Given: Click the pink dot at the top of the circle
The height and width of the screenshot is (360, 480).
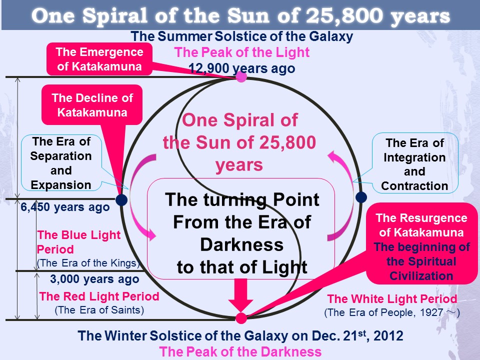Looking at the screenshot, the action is tap(241, 76).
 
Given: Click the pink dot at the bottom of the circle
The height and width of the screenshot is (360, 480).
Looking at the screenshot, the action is tap(241, 318).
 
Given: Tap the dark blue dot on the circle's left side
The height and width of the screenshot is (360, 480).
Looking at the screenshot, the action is tap(121, 200).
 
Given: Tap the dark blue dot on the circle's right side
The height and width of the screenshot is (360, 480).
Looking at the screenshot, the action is tap(361, 197).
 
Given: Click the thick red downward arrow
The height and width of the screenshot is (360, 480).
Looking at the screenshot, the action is tap(240, 295).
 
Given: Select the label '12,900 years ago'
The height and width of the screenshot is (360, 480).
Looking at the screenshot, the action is tap(241, 68).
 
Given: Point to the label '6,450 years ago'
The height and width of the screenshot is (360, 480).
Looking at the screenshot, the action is tap(65, 207).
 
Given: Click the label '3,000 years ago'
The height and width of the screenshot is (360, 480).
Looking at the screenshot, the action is tap(94, 279).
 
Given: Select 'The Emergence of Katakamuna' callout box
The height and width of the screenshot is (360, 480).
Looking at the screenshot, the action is tap(99, 59).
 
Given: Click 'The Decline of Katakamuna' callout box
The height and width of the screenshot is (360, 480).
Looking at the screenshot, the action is tap(92, 105).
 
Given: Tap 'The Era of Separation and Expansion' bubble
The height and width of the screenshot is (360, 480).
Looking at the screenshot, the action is tap(61, 163).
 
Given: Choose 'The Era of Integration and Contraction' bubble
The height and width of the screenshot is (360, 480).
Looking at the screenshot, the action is tap(415, 163).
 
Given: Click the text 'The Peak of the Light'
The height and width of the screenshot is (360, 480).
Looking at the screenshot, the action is tap(242, 52).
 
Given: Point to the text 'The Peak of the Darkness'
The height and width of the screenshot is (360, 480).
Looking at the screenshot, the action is tap(240, 351).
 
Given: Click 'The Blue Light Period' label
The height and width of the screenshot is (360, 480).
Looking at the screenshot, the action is tap(78, 242).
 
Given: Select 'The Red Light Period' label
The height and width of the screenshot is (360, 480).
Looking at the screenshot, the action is tap(99, 296).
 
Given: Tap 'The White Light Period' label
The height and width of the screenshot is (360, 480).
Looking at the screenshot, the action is tap(392, 299).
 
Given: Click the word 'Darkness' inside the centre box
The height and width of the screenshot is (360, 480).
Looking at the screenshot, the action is tap(242, 245).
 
